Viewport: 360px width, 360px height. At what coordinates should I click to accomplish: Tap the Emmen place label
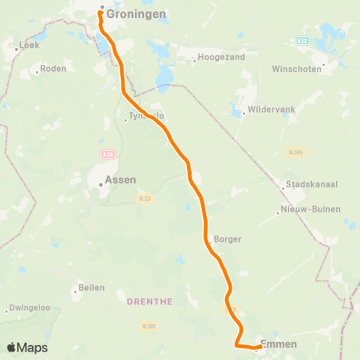(x=278, y=344)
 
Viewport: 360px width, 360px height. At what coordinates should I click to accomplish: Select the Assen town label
(x=120, y=180)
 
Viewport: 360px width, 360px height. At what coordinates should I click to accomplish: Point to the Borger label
(x=227, y=239)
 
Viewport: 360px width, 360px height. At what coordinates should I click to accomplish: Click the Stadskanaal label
(x=310, y=184)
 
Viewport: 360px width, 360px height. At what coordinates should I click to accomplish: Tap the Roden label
(x=54, y=68)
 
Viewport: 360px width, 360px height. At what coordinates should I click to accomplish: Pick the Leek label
(x=29, y=46)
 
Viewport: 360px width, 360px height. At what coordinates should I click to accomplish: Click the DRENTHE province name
(x=149, y=301)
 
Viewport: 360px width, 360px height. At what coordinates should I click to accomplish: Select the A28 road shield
(x=106, y=154)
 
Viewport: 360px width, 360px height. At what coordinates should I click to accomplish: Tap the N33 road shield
(x=145, y=198)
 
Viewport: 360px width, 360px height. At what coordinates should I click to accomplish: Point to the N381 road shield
(x=148, y=326)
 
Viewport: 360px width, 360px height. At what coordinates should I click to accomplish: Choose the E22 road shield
(x=302, y=40)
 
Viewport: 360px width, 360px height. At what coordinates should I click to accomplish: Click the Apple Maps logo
(x=27, y=347)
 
